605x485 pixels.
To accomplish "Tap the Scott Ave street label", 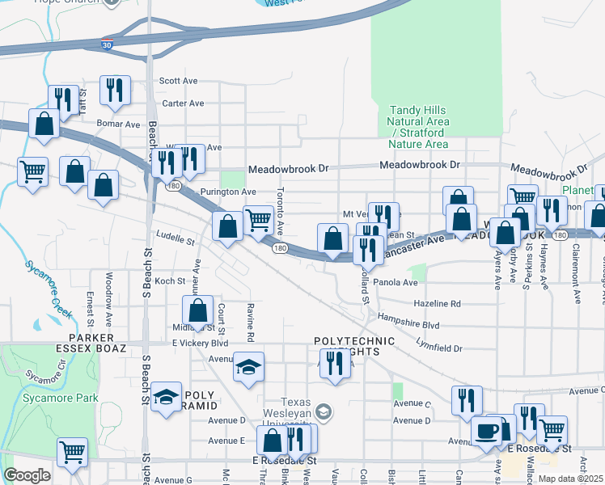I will click(179, 81).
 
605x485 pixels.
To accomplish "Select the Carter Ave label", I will click(183, 103).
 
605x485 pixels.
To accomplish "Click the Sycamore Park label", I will click(72, 398).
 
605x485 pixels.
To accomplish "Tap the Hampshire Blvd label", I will click(408, 324).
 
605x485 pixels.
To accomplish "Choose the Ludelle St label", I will click(180, 241).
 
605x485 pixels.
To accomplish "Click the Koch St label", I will click(170, 281).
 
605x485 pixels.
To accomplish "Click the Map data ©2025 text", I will click(570, 479).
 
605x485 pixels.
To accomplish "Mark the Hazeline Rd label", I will click(437, 304).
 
